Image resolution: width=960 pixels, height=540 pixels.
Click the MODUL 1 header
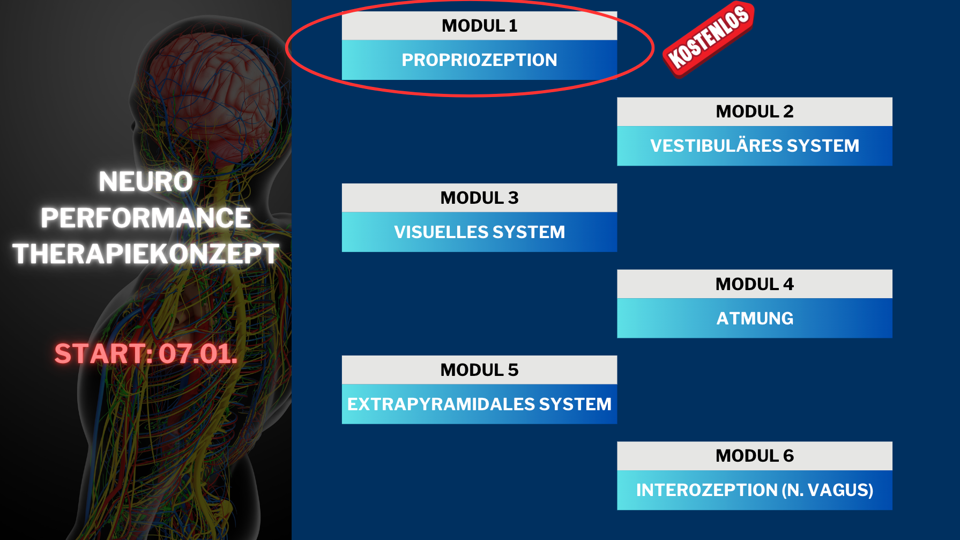click(x=479, y=26)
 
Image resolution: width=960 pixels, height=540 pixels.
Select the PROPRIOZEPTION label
click(x=479, y=60)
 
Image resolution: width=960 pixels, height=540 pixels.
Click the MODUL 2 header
click(x=754, y=112)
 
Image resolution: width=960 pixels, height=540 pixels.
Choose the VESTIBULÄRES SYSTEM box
click(x=754, y=146)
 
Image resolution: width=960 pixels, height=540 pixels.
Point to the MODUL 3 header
click(x=479, y=198)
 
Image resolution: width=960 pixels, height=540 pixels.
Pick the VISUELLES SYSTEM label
click(x=479, y=232)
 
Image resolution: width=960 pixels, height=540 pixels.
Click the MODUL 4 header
click(x=754, y=284)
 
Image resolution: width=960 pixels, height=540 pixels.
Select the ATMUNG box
click(x=754, y=319)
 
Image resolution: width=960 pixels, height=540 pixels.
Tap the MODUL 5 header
click(x=479, y=370)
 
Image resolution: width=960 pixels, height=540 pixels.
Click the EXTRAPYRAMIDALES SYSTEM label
click(x=479, y=404)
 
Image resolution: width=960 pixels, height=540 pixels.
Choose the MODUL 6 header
click(x=754, y=456)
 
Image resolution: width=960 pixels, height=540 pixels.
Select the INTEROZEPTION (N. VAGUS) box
click(x=754, y=490)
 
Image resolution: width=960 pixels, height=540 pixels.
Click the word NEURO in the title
click(x=146, y=182)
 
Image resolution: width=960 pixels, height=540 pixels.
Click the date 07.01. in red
click(x=198, y=354)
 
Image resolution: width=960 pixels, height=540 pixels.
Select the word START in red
click(x=100, y=354)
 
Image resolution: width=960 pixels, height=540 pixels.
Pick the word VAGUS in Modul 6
click(x=840, y=490)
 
